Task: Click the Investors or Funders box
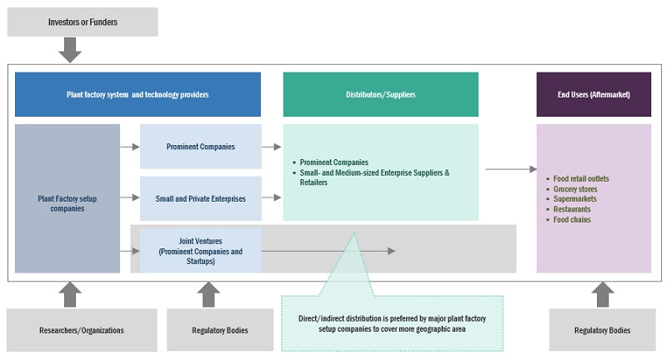pos(83,22)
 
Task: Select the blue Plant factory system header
pos(138,94)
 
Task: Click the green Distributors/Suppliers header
pos(380,94)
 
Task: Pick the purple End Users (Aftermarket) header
pos(593,94)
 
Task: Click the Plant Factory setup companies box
pos(68,197)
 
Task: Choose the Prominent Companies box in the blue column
pos(200,147)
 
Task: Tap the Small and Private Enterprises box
pos(200,197)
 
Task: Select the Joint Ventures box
pos(200,250)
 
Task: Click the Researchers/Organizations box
pos(82,330)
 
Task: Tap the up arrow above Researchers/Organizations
pos(71,293)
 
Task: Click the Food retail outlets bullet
pos(581,179)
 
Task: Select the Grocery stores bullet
pos(575,189)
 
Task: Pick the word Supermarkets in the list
pos(575,199)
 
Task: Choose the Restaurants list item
pos(572,209)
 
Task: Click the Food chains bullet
pos(572,220)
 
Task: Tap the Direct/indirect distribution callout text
pos(392,323)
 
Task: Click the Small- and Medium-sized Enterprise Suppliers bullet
pos(376,177)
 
